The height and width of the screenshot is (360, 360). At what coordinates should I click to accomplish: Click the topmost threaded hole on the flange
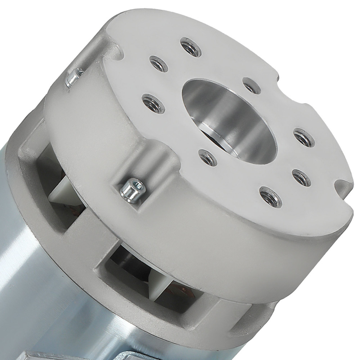[x=191, y=46]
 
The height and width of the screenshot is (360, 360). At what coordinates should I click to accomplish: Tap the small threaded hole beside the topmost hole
[x=159, y=64]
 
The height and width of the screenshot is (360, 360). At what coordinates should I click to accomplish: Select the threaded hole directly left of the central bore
[x=153, y=103]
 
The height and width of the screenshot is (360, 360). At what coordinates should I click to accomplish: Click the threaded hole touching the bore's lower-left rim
[x=208, y=158]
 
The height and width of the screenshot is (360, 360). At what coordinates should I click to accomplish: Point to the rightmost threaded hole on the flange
[x=304, y=137]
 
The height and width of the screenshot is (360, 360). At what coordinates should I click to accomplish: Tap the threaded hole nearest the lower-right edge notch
[x=301, y=177]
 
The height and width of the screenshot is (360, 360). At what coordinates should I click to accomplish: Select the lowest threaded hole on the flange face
[x=271, y=197]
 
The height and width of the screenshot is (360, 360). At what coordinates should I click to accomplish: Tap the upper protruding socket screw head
[x=74, y=77]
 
